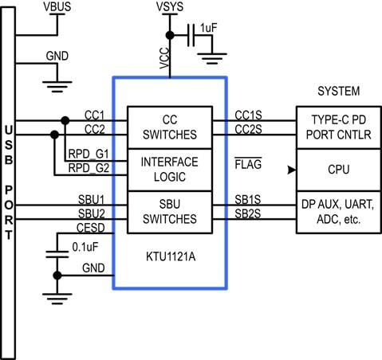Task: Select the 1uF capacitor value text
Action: tap(210, 28)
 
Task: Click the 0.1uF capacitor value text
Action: tap(85, 247)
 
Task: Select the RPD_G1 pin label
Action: tap(89, 154)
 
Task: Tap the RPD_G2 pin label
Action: tap(89, 168)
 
